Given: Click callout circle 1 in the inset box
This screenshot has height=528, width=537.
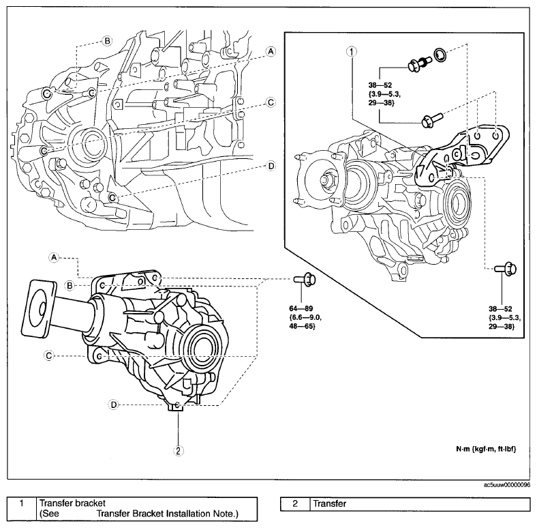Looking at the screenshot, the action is pos(352,51).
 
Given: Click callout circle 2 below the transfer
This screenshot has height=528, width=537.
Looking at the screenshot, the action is pos(178,450).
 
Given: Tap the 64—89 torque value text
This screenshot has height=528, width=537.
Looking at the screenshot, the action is pos(301,308).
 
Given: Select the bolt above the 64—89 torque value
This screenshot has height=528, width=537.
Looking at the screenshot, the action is pos(305,280).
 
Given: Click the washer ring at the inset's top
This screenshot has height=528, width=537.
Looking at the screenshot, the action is pos(440,55).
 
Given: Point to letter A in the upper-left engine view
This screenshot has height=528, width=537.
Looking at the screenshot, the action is pos(271,51).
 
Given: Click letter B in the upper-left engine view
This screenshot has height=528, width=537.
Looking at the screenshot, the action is pos(107,41).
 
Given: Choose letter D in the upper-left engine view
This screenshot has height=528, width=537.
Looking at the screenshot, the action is pos(271,166).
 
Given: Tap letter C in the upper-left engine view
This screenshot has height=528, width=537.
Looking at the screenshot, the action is pos(271,102).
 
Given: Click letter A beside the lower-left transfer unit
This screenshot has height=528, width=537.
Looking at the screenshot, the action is pos(54,257).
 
